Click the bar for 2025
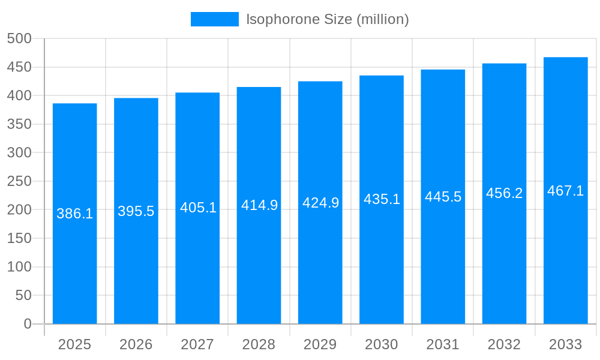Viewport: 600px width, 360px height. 74,270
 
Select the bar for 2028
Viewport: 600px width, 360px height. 259,270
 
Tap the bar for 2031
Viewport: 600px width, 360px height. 443,270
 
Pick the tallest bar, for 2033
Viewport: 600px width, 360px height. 565,270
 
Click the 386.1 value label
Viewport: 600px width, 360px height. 74,214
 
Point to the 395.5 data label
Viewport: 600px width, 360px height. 136,211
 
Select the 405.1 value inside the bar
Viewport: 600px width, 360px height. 198,208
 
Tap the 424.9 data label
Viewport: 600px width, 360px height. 320,203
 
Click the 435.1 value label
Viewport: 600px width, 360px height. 382,199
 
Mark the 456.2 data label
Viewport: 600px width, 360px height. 504,193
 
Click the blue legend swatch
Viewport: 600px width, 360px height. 214,19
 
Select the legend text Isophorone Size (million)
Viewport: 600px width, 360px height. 328,19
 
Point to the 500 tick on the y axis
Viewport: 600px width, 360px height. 19,38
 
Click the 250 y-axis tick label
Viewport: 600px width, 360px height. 19,181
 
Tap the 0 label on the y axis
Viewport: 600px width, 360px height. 28,324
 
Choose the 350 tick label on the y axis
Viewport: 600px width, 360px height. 19,124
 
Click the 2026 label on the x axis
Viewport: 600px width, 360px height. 136,344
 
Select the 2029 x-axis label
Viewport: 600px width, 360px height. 320,344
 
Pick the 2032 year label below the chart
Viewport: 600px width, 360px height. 504,344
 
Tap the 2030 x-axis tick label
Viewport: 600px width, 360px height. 382,344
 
